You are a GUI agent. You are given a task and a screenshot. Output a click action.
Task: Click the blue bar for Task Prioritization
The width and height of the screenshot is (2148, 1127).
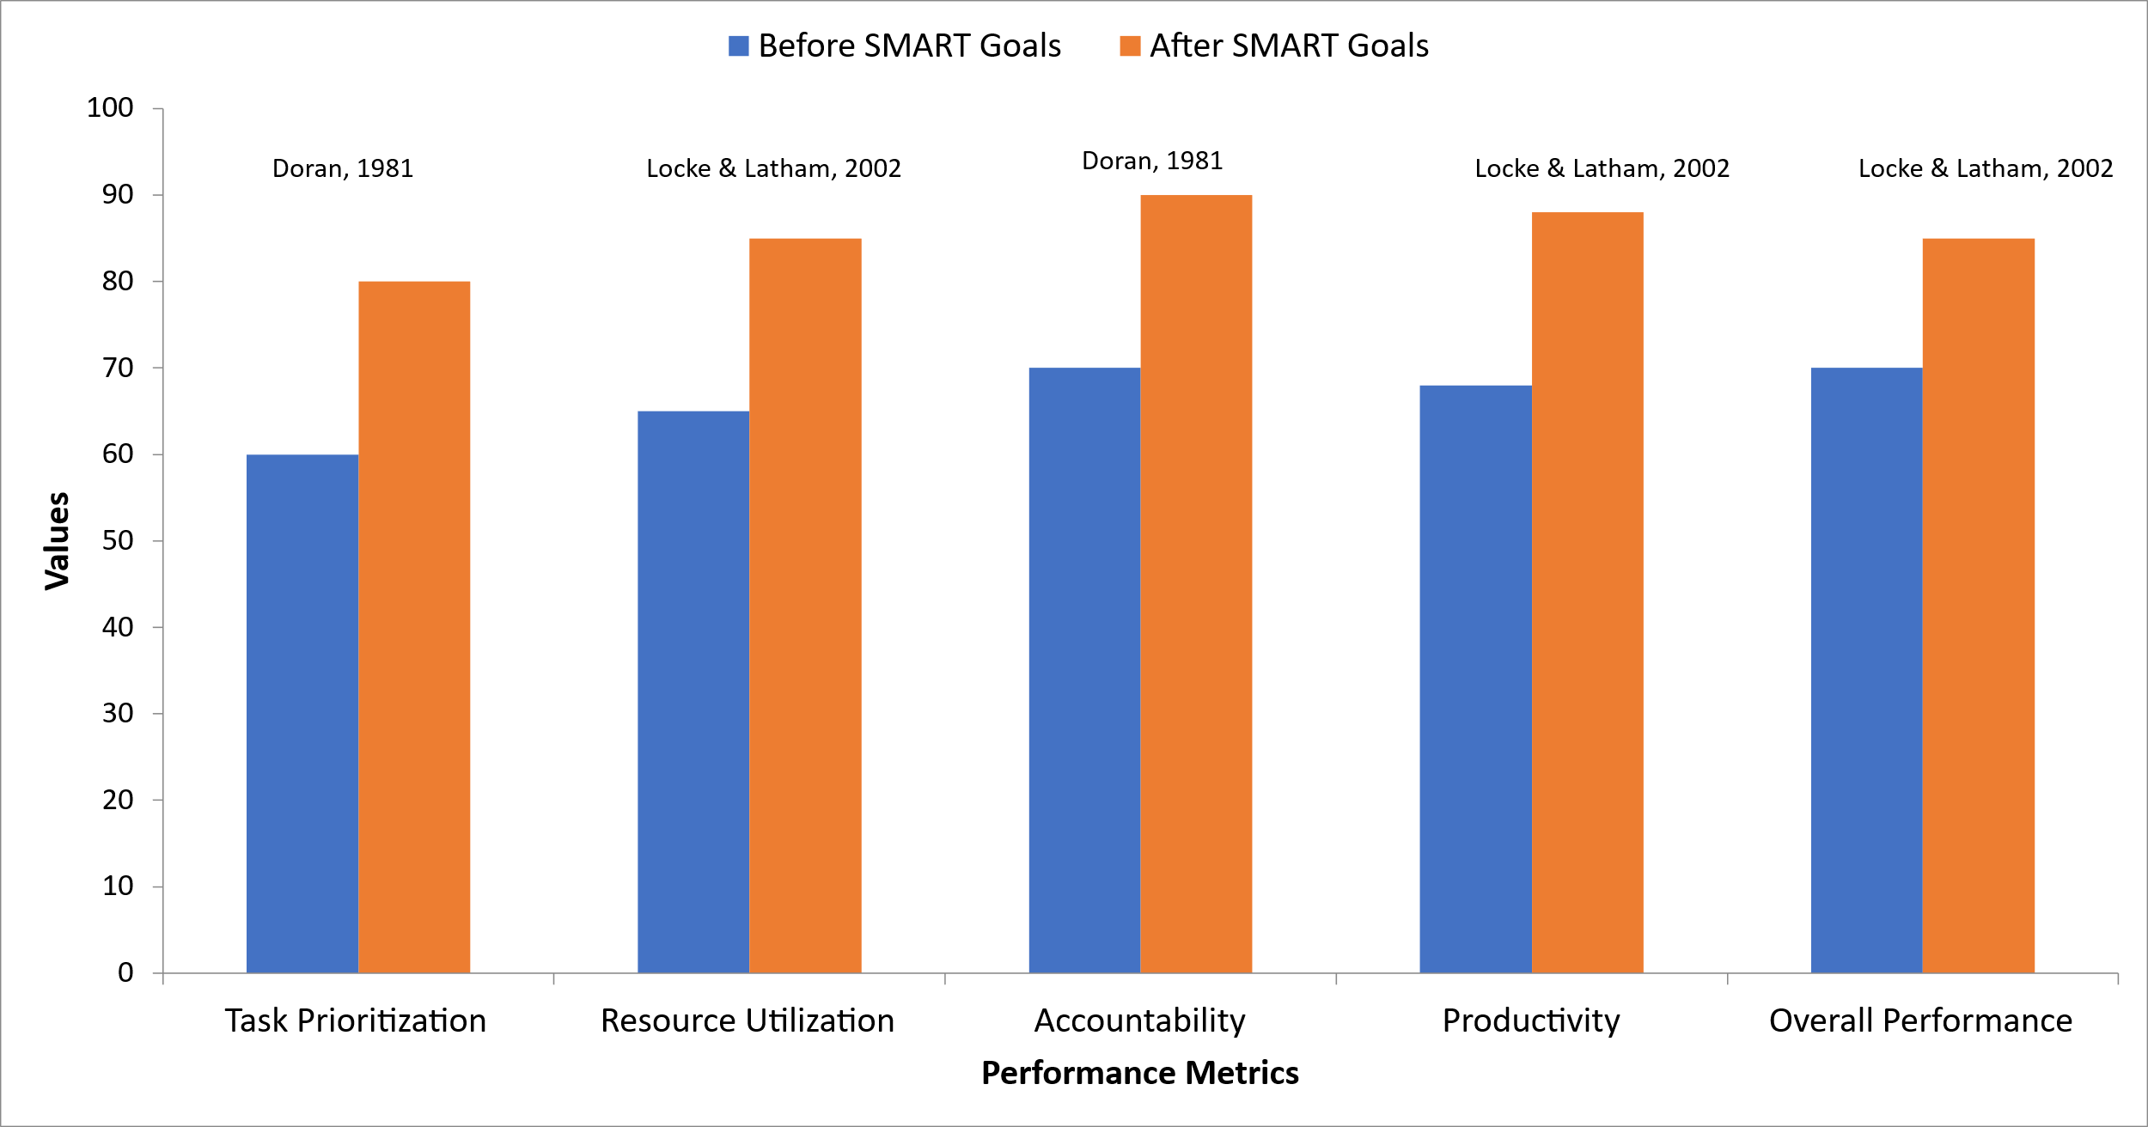(302, 714)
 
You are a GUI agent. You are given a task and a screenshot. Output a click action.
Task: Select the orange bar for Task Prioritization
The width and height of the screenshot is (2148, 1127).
(414, 627)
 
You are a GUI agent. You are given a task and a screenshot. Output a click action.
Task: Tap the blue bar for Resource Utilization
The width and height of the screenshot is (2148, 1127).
(693, 692)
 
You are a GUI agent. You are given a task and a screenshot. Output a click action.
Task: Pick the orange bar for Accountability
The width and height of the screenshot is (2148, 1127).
(1196, 584)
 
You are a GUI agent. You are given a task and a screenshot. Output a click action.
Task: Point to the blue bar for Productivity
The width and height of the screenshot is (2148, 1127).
(1475, 679)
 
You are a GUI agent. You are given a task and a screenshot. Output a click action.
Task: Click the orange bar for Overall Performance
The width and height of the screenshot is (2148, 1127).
(1978, 606)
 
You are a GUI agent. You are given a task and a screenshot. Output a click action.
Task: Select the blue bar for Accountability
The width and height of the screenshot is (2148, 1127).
(1084, 670)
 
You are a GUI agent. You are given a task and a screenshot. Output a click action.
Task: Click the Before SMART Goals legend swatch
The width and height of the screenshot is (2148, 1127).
(738, 46)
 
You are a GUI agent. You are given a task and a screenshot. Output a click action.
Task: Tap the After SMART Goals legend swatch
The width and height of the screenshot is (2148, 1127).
(1130, 46)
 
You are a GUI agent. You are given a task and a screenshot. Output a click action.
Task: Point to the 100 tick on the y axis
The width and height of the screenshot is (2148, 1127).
(110, 108)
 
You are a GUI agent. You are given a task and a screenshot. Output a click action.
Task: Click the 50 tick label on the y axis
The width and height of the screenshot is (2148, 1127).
(118, 541)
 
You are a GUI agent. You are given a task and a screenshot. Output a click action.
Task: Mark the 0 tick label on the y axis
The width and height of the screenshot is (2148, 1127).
(125, 973)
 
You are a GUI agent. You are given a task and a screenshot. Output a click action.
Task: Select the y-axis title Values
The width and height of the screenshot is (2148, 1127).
(57, 541)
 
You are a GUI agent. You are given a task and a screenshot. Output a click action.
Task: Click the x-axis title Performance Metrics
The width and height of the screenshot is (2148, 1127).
(1139, 1074)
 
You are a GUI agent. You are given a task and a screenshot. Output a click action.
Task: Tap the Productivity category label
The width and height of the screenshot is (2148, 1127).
(1531, 1021)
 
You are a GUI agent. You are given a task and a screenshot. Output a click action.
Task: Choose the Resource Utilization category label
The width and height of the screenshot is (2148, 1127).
(748, 1021)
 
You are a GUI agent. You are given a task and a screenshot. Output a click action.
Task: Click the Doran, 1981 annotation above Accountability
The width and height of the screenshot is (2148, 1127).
(1152, 161)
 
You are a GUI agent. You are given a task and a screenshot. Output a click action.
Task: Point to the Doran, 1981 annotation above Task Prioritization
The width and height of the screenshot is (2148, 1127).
(343, 168)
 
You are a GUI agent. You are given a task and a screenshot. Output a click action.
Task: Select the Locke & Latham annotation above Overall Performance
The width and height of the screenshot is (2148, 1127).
(1986, 168)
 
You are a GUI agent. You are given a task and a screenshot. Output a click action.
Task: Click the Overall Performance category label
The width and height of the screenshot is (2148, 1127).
(1921, 1021)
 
